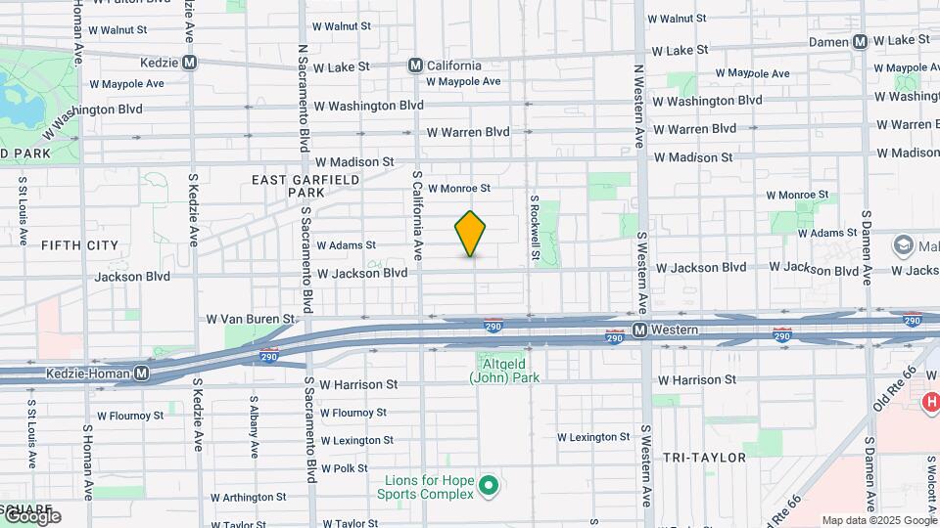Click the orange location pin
tap(471, 234)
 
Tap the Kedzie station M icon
tap(190, 63)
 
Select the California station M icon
tap(415, 66)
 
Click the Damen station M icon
tap(861, 41)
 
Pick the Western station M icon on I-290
tap(638, 330)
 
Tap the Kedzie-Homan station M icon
tap(142, 374)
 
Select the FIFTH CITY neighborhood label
tap(79, 245)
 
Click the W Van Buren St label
tap(250, 319)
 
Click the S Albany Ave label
tap(254, 426)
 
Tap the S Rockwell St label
tap(535, 227)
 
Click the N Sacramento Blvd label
tap(303, 96)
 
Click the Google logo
tap(31, 517)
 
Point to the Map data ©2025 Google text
tap(878, 520)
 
